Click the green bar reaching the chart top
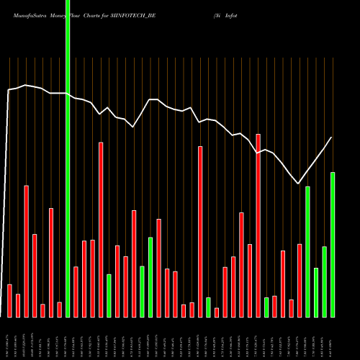coord(68,158)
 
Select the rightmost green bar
coord(333,245)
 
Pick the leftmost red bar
coord(9,300)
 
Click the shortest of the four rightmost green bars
coord(316,292)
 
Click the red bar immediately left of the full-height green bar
coord(60,310)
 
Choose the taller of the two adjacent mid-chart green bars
coord(150,277)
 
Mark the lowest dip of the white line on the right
coord(298,183)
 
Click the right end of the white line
coord(331,138)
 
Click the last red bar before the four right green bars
coord(300,281)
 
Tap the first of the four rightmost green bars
coord(308,252)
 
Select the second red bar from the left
coord(18,305)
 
